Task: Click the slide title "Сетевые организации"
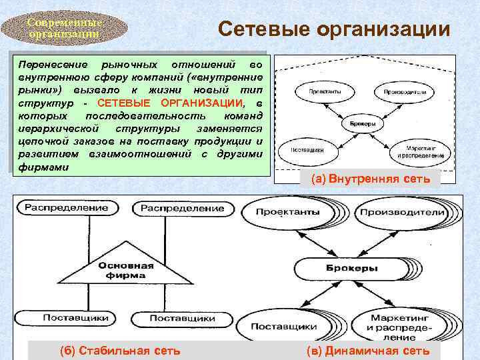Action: pyautogui.click(x=335, y=29)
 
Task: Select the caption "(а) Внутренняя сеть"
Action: pyautogui.click(x=371, y=179)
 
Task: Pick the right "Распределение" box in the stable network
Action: pyautogui.click(x=181, y=208)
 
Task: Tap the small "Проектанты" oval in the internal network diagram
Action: pyautogui.click(x=316, y=91)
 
